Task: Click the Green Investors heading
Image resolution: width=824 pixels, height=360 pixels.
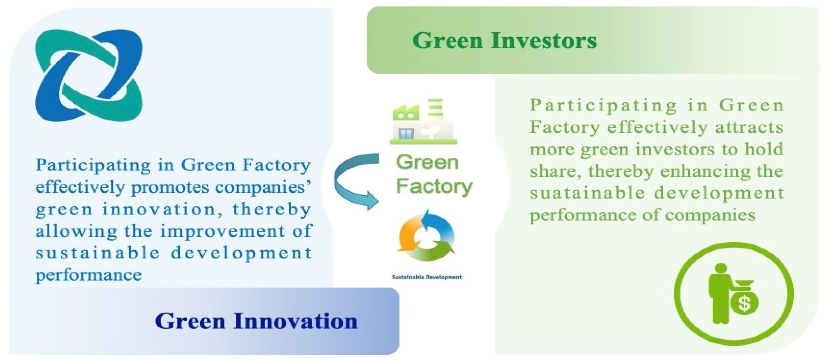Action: tap(504, 41)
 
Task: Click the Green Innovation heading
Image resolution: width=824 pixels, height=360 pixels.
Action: tap(256, 321)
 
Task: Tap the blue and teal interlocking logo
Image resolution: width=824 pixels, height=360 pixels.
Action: tap(89, 75)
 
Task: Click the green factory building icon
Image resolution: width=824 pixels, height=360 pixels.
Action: tap(423, 123)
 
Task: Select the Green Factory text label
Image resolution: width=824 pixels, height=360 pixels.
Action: tap(434, 175)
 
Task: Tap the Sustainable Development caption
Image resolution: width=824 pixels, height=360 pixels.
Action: tap(427, 277)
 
